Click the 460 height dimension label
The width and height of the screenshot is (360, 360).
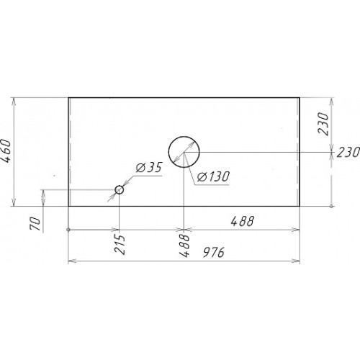coord(6,151)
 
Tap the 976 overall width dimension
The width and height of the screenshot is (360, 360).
coord(213,252)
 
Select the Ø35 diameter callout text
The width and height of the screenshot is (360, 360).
coord(149,167)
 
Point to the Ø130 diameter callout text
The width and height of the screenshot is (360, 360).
coord(213,176)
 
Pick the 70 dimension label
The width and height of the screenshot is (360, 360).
coord(35,223)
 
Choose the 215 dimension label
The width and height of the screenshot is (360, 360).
coord(120,244)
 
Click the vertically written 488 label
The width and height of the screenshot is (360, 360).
coord(184,246)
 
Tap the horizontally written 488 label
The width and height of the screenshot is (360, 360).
coord(242,221)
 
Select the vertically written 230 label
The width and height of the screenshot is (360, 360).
coord(323,124)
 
